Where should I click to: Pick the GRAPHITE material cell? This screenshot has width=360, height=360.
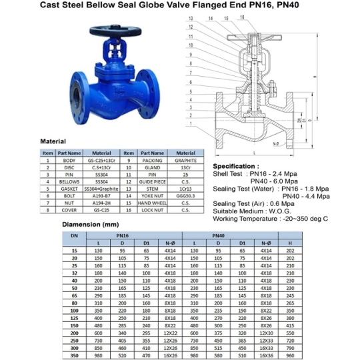tap(186, 161)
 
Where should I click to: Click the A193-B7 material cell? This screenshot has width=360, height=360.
tap(101, 196)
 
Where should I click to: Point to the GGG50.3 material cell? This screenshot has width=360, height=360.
tap(186, 196)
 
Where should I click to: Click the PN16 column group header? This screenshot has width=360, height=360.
tap(122, 235)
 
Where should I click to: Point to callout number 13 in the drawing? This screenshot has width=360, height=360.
tap(191, 19)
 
